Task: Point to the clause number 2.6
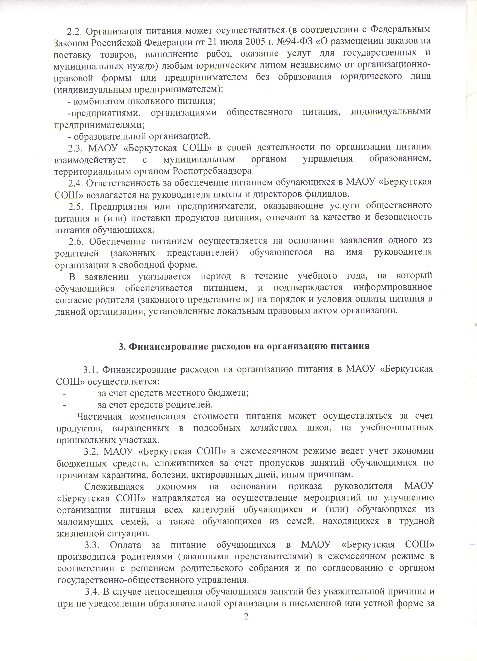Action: click(x=76, y=241)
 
